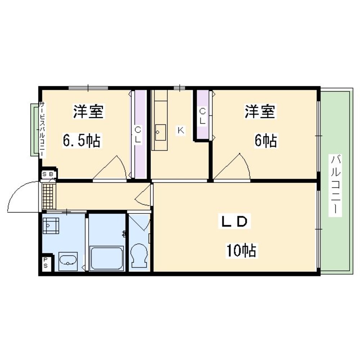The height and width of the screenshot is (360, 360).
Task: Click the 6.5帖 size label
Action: [x=82, y=141]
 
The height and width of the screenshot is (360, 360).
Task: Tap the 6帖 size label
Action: [x=266, y=141]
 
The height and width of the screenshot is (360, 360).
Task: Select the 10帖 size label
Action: [x=241, y=250]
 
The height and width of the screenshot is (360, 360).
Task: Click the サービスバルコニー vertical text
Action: [x=42, y=129]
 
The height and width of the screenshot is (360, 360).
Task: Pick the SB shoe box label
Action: [x=48, y=174]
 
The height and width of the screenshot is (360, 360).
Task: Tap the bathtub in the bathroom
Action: [x=107, y=258]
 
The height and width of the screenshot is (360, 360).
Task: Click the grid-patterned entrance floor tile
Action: [x=49, y=196]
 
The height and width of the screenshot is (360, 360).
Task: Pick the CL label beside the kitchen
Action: [x=202, y=116]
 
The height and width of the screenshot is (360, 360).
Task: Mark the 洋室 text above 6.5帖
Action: [x=89, y=112]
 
